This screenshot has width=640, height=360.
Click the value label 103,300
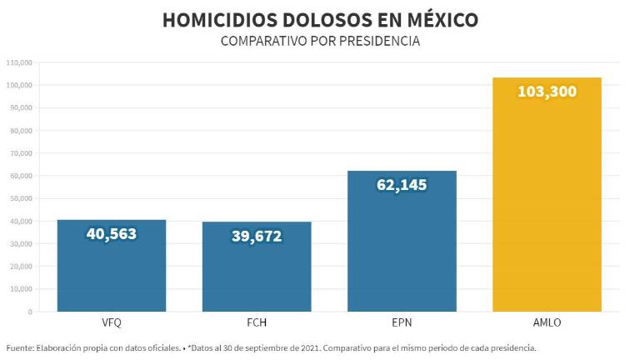tap(547, 92)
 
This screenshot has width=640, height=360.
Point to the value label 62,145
tap(402, 184)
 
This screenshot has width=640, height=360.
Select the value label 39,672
tap(257, 237)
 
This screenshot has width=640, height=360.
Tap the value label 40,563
tap(111, 234)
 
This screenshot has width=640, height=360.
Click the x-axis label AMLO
tap(547, 322)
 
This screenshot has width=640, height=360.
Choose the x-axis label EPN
tap(402, 322)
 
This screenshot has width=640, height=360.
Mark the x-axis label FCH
tap(257, 322)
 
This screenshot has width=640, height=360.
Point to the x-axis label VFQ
tap(111, 322)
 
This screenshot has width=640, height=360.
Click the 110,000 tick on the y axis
tap(18, 62)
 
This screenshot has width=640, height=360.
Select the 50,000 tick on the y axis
tap(20, 198)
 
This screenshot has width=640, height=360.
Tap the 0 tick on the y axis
tap(29, 312)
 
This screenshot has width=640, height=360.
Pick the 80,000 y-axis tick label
tap(20, 130)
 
